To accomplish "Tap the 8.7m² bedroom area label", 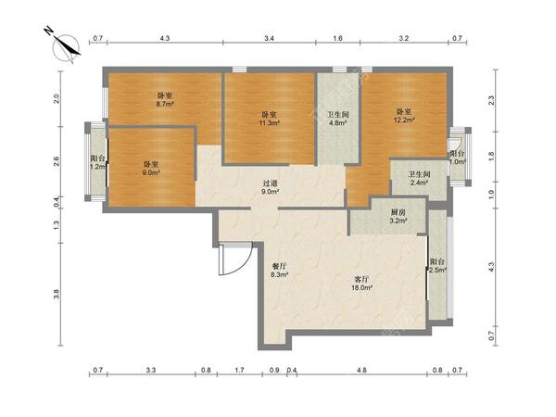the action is (165, 104).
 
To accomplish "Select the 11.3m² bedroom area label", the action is (270, 123).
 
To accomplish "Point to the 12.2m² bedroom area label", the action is (404, 120).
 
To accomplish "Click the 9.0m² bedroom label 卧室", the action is (151, 165).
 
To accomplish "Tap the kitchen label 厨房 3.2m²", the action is (398, 216).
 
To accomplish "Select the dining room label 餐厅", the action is (279, 266).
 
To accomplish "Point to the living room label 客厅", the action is (360, 280).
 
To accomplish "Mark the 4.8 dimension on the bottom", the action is (361, 370).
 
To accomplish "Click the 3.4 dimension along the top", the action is (269, 38).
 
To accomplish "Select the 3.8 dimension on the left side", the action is (57, 294).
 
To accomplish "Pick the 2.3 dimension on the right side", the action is (491, 101).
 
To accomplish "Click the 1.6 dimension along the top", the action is (338, 38).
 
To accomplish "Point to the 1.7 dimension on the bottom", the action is (240, 370).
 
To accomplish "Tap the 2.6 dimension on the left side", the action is (57, 161).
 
